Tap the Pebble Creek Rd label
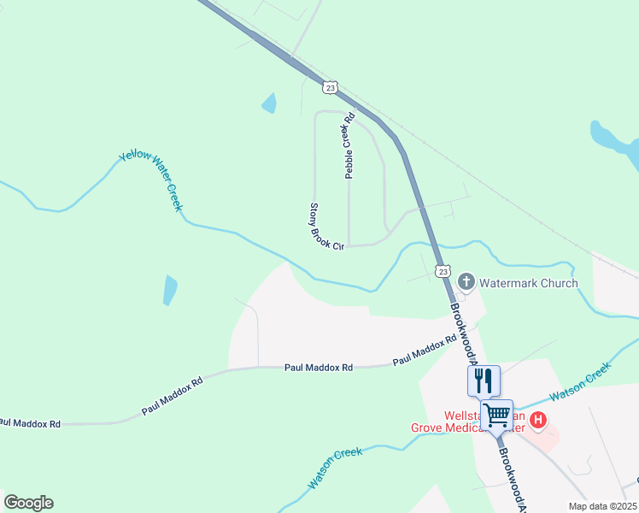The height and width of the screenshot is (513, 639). click(349, 146)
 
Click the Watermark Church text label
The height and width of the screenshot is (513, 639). click(528, 283)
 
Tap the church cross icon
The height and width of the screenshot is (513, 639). click(466, 281)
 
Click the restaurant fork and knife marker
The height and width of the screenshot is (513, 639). click(484, 380)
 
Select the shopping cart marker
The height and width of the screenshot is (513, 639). click(497, 416)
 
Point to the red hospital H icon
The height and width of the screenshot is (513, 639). click(538, 419)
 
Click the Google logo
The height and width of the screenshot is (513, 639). click(28, 503)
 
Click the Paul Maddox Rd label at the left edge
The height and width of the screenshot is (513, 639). click(31, 423)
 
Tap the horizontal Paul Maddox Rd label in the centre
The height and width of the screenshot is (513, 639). click(318, 368)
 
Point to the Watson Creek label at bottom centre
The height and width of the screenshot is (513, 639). click(336, 468)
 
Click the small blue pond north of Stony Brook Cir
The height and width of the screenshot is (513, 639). click(270, 103)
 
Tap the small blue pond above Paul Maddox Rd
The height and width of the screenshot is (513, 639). click(170, 290)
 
